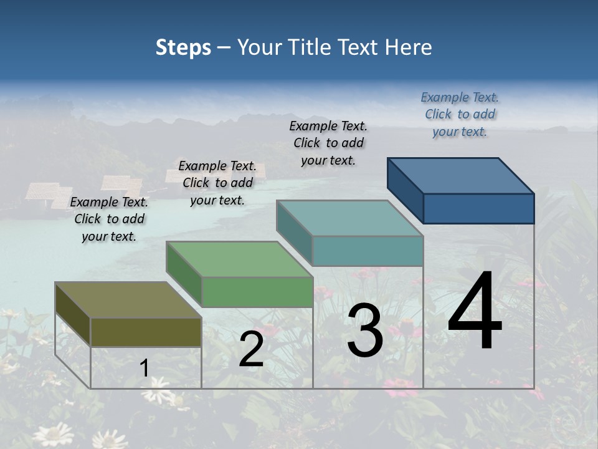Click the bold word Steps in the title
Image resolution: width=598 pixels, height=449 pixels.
click(x=183, y=47)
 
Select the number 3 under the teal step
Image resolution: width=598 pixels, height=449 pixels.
click(x=365, y=331)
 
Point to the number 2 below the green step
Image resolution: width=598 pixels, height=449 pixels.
click(x=251, y=350)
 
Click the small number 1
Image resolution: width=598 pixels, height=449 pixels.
click(x=144, y=369)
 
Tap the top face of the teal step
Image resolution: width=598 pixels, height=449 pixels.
click(x=349, y=218)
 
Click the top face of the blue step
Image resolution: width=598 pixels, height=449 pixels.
click(x=460, y=176)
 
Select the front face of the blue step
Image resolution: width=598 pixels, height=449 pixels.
click(x=478, y=208)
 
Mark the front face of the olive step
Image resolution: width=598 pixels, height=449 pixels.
click(x=146, y=332)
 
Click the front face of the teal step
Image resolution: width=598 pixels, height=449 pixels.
click(x=368, y=251)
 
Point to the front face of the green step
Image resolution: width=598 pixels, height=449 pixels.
click(x=257, y=292)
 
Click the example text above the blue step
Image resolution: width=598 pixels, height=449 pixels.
click(x=460, y=114)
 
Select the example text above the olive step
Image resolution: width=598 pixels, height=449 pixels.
click(x=109, y=219)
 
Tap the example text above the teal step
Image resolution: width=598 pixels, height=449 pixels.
click(x=328, y=143)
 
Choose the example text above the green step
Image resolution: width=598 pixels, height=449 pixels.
click(x=217, y=183)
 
